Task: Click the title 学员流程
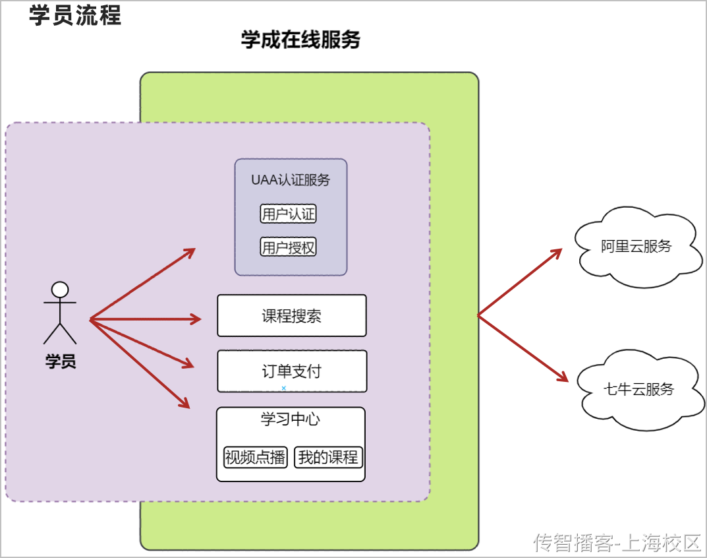[75, 15]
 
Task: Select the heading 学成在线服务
[300, 40]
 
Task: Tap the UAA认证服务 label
[291, 180]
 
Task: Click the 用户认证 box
[289, 214]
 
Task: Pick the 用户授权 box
[289, 247]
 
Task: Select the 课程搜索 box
[291, 316]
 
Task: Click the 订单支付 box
[291, 371]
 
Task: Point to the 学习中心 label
[291, 419]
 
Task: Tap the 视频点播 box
[256, 457]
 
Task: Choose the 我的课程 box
[328, 457]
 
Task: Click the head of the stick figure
[60, 290]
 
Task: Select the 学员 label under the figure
[60, 361]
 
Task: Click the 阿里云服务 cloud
[636, 247]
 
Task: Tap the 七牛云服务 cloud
[638, 389]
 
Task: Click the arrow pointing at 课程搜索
[145, 319]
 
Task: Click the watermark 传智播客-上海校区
[616, 543]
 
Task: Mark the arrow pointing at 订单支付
[142, 342]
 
